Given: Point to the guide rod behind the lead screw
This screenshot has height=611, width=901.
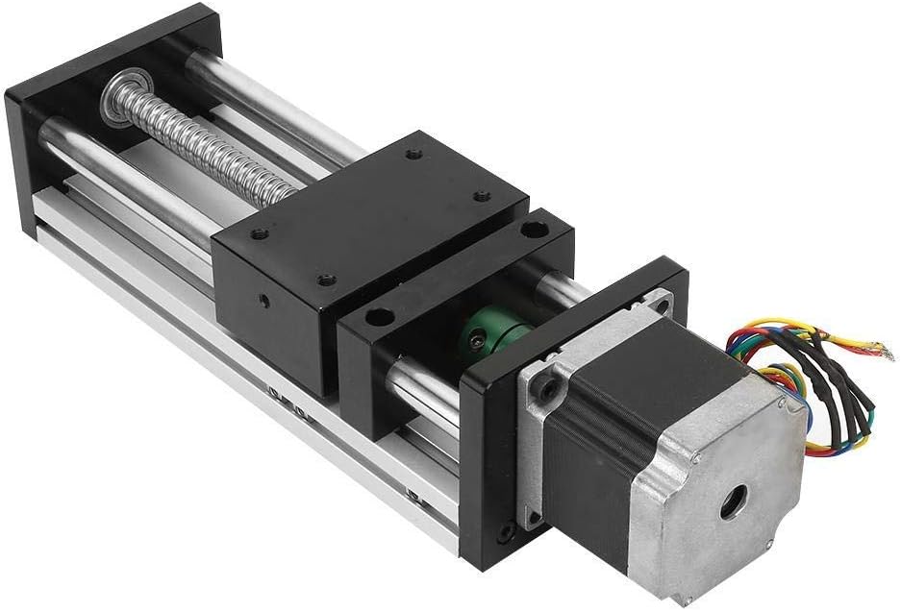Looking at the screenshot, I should pos(279,115).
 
